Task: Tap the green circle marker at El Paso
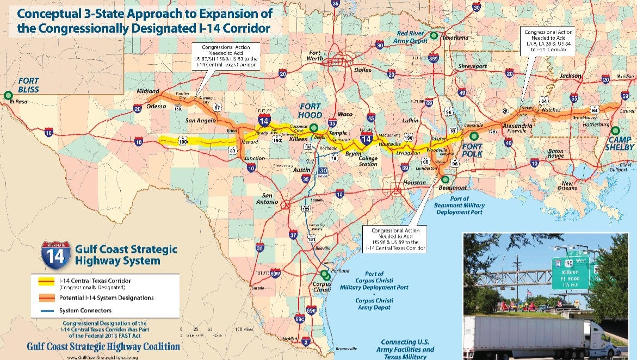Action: (8, 95)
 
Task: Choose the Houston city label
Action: (415, 183)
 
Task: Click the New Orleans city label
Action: (574, 185)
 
